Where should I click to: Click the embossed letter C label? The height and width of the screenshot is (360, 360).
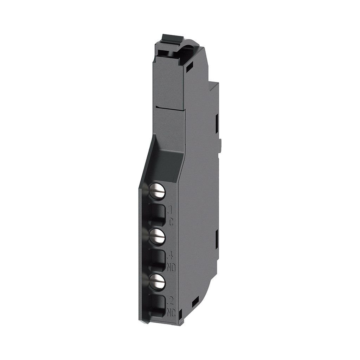[x=171, y=222]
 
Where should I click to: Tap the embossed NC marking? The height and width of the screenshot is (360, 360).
[x=172, y=311]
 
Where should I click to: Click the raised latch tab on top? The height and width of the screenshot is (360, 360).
[x=168, y=37]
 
